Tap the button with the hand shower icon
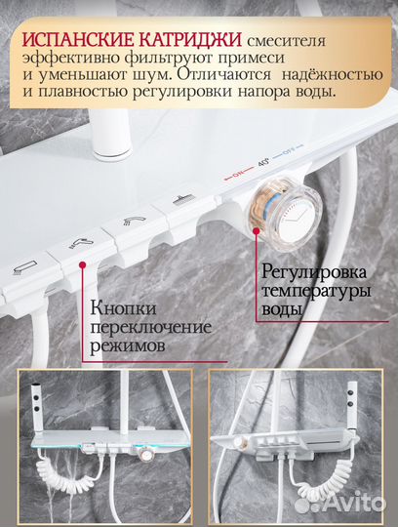(83, 250)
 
